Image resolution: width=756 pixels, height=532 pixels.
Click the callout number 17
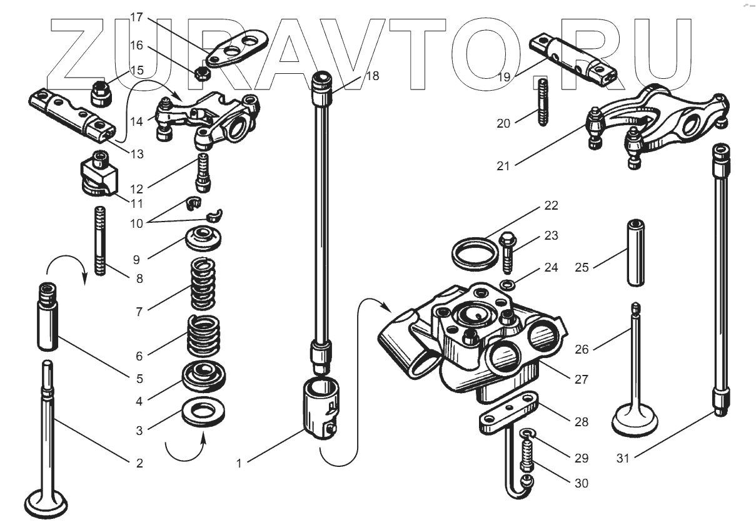(137, 18)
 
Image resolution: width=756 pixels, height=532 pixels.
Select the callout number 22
(551, 206)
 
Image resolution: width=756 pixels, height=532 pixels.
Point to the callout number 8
(139, 279)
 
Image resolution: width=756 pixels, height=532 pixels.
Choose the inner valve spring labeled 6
(204, 335)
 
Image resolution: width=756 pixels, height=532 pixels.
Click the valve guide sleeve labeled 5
(46, 317)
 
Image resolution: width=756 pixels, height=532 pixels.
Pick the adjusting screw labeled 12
(204, 172)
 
